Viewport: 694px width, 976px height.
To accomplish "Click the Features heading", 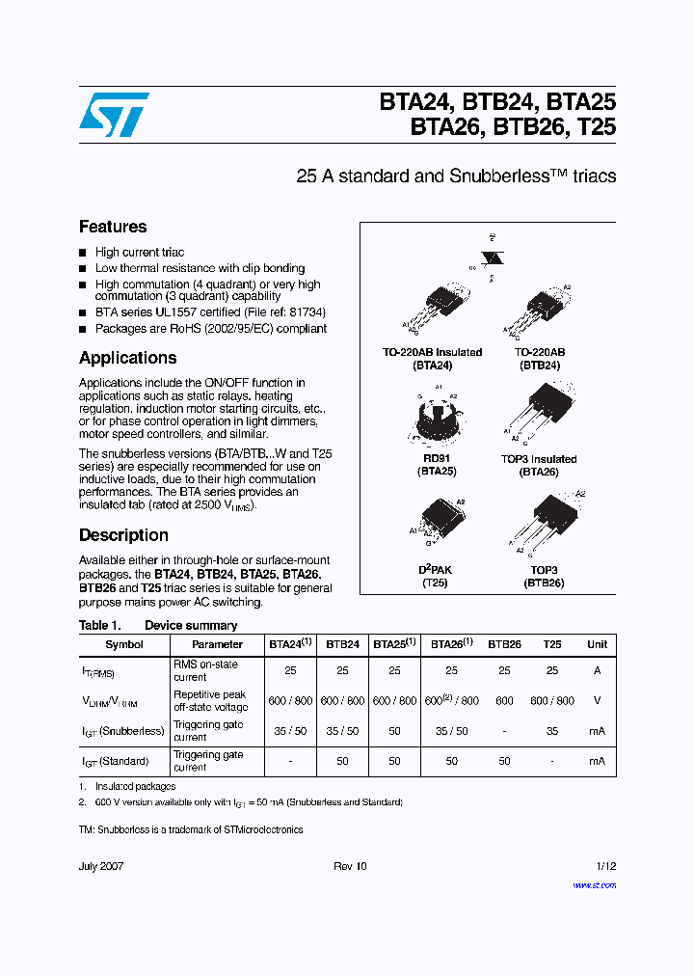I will pyautogui.click(x=113, y=227).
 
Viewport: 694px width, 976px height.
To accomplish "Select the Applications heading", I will pyautogui.click(x=127, y=358).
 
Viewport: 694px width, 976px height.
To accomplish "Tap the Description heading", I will pyautogui.click(x=123, y=535).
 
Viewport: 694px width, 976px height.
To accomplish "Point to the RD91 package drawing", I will pyautogui.click(x=437, y=417).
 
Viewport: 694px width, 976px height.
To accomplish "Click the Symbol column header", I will pyautogui.click(x=124, y=644).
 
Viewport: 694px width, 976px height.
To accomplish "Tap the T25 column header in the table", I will pyautogui.click(x=552, y=644).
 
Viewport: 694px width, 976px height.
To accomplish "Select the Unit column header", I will pyautogui.click(x=598, y=644).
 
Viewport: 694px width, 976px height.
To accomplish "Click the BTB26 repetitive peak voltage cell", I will pyautogui.click(x=504, y=701).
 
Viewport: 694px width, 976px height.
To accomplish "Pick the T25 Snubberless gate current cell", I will pyautogui.click(x=552, y=731).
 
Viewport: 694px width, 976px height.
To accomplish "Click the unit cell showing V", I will pyautogui.click(x=598, y=701).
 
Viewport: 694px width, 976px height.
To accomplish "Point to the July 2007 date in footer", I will pyautogui.click(x=101, y=866).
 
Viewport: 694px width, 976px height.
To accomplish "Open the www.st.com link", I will pyautogui.click(x=594, y=884).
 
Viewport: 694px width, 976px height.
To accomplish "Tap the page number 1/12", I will pyautogui.click(x=605, y=866).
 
